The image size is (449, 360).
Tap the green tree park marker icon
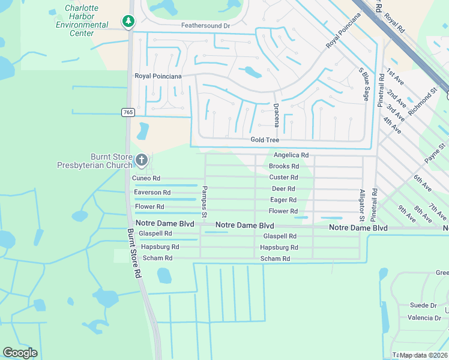[128, 22]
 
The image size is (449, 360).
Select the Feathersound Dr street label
[205, 26]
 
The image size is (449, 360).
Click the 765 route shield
[128, 112]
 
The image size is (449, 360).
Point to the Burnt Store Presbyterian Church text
[94, 161]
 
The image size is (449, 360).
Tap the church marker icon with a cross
[142, 160]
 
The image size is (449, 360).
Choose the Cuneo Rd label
[146, 178]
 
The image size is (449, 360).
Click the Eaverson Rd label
[152, 193]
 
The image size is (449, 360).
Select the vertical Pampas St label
[204, 202]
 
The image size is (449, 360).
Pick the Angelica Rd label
[291, 155]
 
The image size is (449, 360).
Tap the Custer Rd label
[283, 178]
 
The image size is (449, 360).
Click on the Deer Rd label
[283, 189]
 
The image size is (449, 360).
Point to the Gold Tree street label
[265, 140]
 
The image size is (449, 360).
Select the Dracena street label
[276, 115]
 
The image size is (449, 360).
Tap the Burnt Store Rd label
[133, 252]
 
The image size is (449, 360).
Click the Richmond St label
[423, 103]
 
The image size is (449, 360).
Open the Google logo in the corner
[20, 352]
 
